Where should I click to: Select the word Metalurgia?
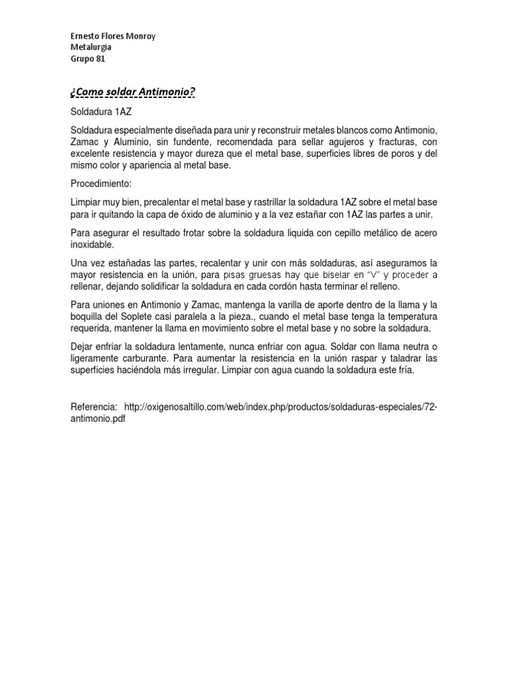(91, 47)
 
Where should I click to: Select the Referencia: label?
(94, 406)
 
